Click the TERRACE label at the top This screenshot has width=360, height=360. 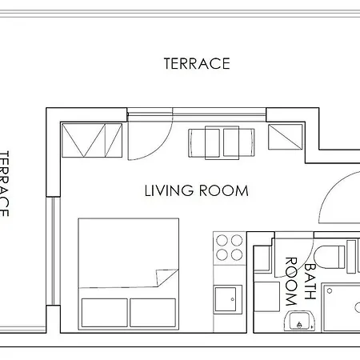[197, 63]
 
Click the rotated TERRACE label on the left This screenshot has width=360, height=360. [5, 184]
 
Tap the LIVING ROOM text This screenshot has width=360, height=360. [196, 191]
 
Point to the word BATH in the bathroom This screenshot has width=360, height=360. [310, 275]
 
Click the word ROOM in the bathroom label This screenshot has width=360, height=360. [292, 282]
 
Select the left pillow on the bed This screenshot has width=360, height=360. [104, 313]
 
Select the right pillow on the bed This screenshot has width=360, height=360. [154, 313]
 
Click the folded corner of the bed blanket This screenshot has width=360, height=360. [166, 278]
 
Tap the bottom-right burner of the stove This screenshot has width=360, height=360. [237, 254]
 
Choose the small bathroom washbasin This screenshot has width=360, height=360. [298, 323]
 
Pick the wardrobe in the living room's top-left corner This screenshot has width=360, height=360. [92, 140]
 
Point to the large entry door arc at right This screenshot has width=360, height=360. [340, 196]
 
